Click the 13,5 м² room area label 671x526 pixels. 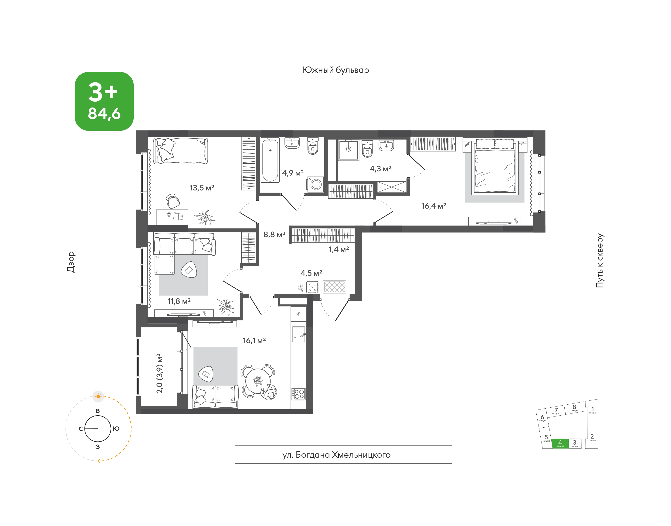202,188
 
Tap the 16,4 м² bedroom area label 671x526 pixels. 434,206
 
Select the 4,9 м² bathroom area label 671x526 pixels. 293,173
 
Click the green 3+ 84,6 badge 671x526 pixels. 104,101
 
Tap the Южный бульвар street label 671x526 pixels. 336,70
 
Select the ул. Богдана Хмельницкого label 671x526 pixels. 336,455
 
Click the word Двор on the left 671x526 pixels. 71,262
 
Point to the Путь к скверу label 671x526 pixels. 600,260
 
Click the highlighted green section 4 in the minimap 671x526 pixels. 560,443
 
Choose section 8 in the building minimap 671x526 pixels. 574,408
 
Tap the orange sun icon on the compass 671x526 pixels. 98,396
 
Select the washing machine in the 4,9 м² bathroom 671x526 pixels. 315,184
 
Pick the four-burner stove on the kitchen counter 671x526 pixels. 298,394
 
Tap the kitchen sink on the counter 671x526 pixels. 298,334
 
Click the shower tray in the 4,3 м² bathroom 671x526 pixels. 349,150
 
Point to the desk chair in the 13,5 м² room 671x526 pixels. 172,201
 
